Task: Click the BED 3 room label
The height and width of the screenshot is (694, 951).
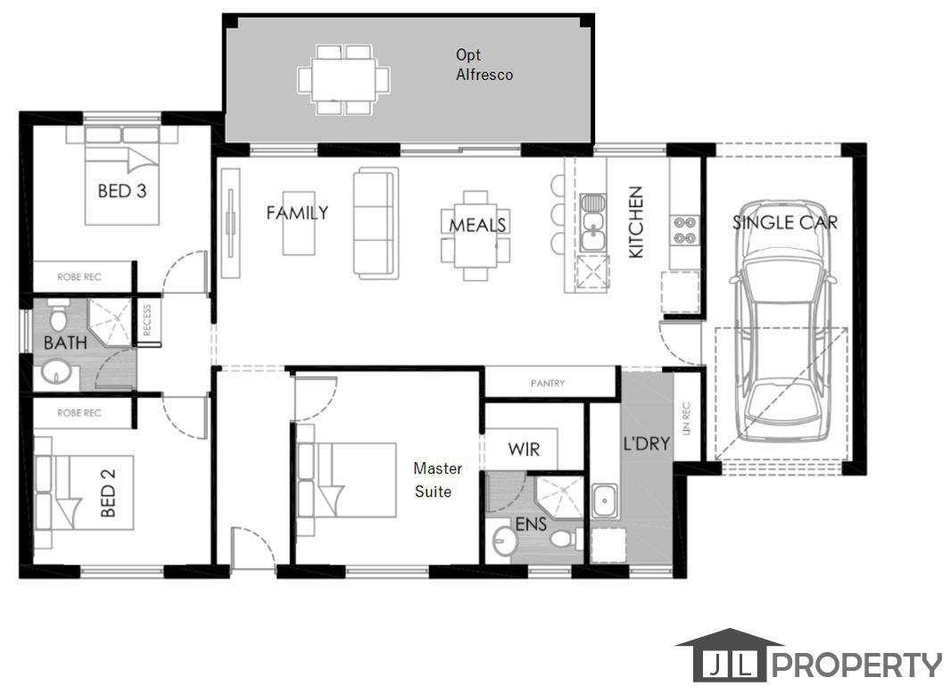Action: click(122, 191)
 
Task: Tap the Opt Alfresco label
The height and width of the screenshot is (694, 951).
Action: click(484, 64)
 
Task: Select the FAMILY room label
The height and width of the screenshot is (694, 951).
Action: click(297, 212)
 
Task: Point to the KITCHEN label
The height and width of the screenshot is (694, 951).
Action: click(635, 222)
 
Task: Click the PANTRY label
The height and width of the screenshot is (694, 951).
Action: click(548, 384)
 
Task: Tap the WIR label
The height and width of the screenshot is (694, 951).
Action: click(524, 450)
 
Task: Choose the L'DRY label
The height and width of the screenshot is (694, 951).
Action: click(647, 443)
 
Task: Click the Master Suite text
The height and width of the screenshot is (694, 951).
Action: click(436, 480)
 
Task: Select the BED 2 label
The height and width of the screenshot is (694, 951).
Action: click(107, 492)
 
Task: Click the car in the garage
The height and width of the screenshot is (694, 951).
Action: click(782, 321)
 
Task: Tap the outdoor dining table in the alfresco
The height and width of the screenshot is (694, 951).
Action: click(343, 79)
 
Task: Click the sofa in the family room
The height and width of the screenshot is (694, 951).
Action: click(376, 223)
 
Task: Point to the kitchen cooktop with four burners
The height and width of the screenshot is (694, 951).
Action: click(684, 230)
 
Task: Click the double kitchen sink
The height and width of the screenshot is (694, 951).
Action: click(592, 223)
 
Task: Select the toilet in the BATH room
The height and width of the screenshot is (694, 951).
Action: click(58, 315)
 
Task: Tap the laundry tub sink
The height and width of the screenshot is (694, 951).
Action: click(605, 501)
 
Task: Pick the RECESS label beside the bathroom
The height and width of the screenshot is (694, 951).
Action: click(147, 319)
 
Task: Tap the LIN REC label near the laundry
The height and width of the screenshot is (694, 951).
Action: click(687, 418)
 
